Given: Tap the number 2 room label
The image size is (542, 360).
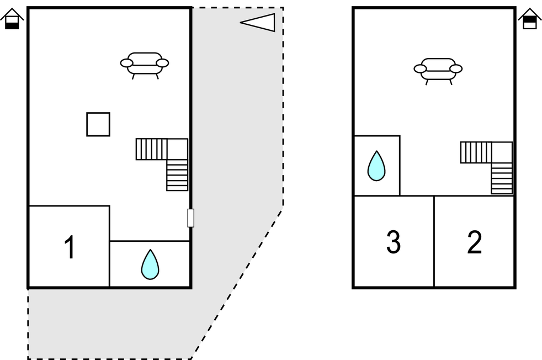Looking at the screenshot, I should click(x=474, y=242).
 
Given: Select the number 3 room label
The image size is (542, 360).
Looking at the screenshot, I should click(x=393, y=242).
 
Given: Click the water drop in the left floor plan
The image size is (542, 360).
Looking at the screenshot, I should click(x=150, y=264).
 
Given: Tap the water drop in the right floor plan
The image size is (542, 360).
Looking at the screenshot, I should click(x=376, y=166).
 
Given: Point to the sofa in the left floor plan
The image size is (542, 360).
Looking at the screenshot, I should click(x=145, y=64).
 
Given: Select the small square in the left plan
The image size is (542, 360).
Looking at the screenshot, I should click(x=98, y=124).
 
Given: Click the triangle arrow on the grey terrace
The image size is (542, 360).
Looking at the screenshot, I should click(x=259, y=22).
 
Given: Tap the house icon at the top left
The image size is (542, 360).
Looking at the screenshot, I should click(x=12, y=19).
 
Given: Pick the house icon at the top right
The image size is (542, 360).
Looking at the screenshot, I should click(x=529, y=19).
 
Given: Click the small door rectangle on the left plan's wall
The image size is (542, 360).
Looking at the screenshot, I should click(x=190, y=218).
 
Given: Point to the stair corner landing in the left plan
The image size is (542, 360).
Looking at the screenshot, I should click(x=177, y=149).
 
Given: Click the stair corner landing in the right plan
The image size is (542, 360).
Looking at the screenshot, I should click(x=502, y=152).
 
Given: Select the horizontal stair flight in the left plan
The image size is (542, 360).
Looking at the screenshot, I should click(x=152, y=149).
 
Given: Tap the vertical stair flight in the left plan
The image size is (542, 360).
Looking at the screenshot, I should click(x=177, y=175).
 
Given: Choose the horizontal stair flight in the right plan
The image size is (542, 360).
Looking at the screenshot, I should click(x=476, y=152).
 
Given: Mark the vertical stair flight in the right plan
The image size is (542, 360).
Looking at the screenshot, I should click(x=502, y=178).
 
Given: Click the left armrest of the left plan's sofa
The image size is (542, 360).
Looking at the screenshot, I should click(x=127, y=63).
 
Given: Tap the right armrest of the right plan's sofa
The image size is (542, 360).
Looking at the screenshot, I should click(x=456, y=68).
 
